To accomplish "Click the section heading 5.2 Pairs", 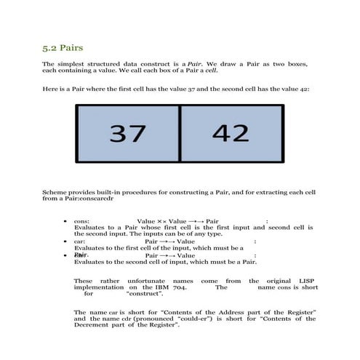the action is [x=62, y=49].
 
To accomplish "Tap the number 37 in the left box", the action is [x=127, y=133].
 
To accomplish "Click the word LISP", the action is [x=306, y=281].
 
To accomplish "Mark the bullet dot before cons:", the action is [x=67, y=221].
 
